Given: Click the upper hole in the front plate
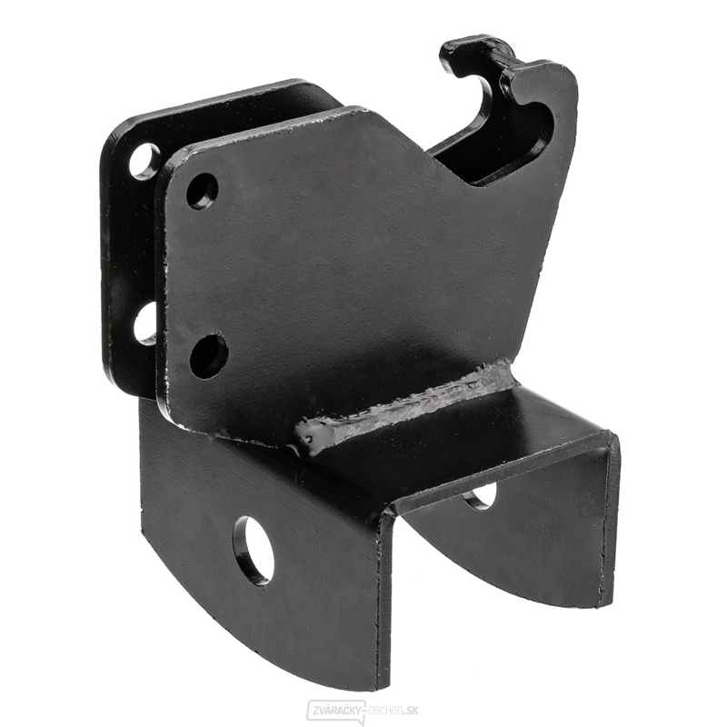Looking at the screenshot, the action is (x=203, y=191).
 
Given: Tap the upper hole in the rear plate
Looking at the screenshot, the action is (x=144, y=162).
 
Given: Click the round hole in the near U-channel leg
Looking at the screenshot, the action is (x=254, y=550).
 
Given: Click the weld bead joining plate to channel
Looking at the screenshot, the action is (x=404, y=403).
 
